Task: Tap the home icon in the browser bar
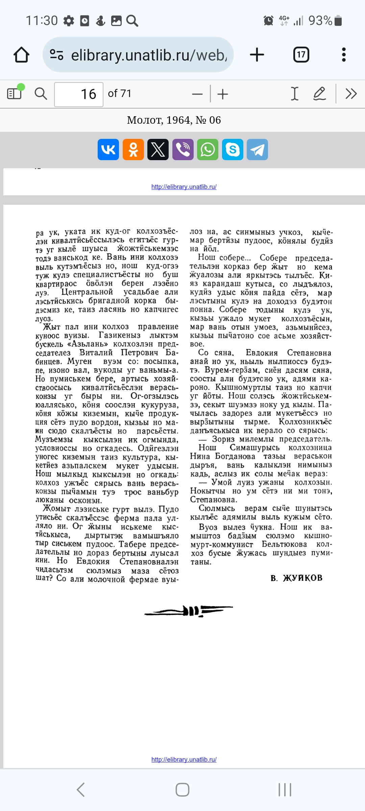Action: pos(21,55)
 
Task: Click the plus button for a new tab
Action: pos(257,55)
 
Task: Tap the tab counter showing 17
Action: pos(301,55)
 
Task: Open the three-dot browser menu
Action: pos(344,55)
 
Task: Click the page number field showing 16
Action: pos(79,94)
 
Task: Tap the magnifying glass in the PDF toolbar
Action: pos(41,94)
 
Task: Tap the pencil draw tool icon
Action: pos(319,94)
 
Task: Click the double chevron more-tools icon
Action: pos(351,94)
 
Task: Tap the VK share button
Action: pos(108,149)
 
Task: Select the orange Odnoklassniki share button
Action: pos(133,149)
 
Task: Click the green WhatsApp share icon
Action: pos(208,149)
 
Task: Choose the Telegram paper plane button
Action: pos(257,149)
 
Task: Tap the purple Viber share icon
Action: pos(183,149)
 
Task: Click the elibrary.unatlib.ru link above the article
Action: pos(184,187)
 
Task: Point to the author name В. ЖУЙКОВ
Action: pos(296,578)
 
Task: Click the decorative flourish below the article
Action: pos(189,611)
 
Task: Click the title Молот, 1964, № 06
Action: pos(174,120)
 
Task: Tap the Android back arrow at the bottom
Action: pos(81,790)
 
